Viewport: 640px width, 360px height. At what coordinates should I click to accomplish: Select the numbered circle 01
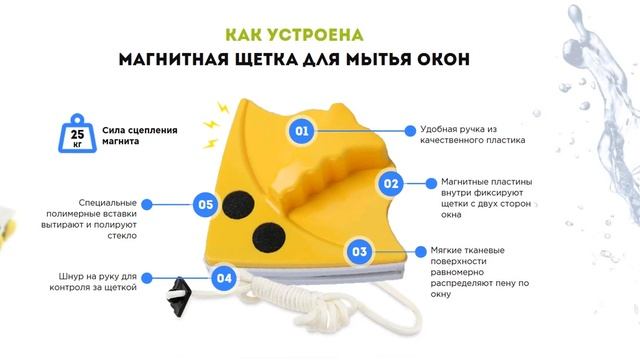[x=302, y=131]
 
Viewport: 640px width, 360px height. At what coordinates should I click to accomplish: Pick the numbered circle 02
[x=391, y=183]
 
